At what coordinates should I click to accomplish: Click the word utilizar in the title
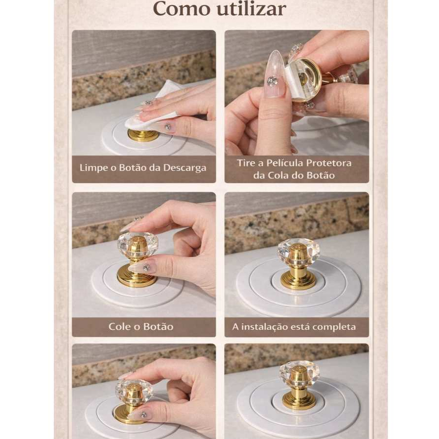(x=252, y=9)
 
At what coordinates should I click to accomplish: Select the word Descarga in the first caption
(x=185, y=168)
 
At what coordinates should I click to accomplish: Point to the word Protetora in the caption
(x=329, y=163)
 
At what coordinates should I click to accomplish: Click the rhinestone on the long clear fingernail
(x=271, y=81)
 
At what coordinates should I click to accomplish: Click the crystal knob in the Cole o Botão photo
(x=138, y=246)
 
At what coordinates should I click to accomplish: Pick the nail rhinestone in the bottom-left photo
(x=143, y=415)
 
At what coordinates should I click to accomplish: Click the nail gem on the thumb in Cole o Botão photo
(x=146, y=268)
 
